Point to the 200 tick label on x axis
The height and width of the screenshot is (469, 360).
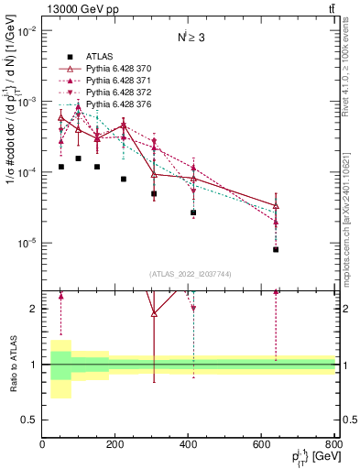point(115,444)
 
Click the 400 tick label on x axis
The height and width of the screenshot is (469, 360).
point(189,444)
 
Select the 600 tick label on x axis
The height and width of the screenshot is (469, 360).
point(262,444)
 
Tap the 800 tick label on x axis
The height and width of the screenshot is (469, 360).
point(333,444)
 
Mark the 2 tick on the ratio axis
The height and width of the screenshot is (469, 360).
point(35,309)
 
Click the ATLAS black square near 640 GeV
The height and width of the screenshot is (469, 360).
point(276,249)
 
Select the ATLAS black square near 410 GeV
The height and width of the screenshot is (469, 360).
point(193,213)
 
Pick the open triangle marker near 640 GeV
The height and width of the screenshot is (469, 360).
point(276,206)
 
